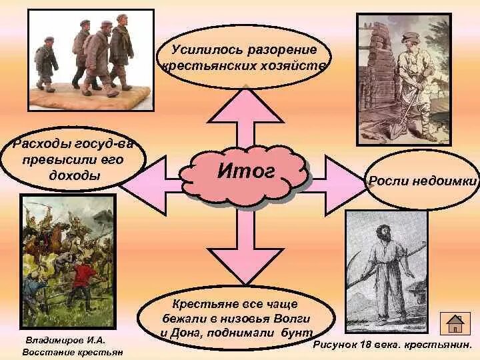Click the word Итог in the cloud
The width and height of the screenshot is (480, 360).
pyautogui.click(x=246, y=172)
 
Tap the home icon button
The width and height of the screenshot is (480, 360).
pyautogui.click(x=455, y=323)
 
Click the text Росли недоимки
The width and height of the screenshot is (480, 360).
pyautogui.click(x=423, y=181)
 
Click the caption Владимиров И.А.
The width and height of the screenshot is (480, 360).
pyautogui.click(x=65, y=340)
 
